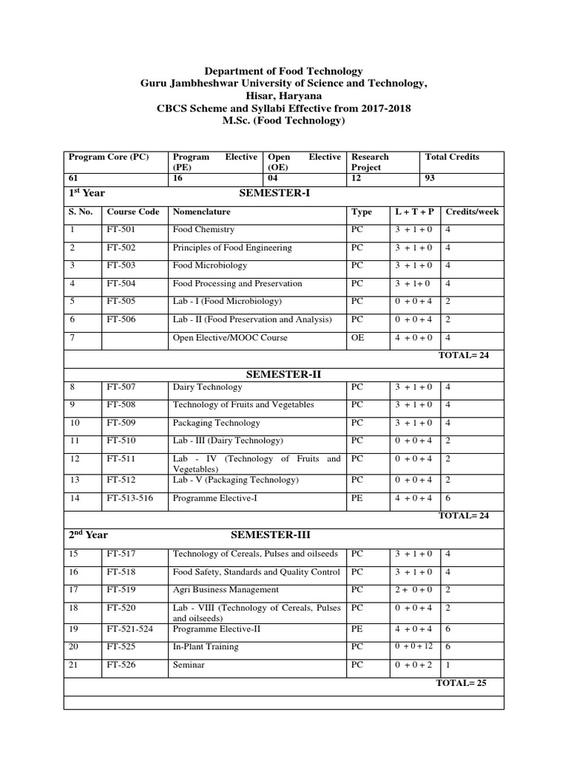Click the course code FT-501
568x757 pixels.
pos(121,230)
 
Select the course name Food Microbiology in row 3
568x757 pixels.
pos(209,265)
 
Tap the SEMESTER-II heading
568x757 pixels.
pos(285,373)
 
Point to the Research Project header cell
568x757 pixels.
pos(370,162)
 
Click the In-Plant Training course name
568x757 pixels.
pos(206,647)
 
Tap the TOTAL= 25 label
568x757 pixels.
pos(462,682)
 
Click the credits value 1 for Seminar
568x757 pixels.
pos(448,665)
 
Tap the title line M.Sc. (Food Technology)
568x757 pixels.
pos(284,120)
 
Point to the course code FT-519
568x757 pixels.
pos(121,590)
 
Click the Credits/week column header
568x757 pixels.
pos(472,211)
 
